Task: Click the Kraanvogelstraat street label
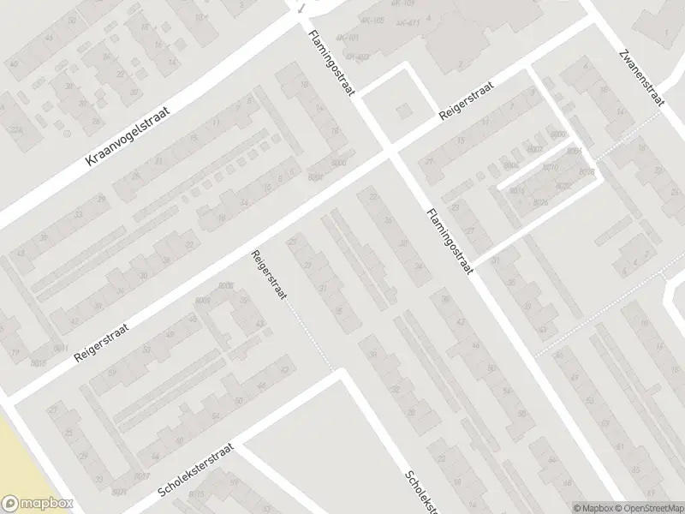tap(130, 137)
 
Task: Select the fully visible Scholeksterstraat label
tap(196, 471)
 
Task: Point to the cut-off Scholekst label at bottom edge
tap(420, 492)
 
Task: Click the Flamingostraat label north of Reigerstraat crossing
tap(331, 67)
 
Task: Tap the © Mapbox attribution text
tap(591, 507)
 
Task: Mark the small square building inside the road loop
tap(402, 110)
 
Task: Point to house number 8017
tap(142, 476)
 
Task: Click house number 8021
tap(120, 491)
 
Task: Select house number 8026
tap(540, 202)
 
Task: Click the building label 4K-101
tap(348, 38)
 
